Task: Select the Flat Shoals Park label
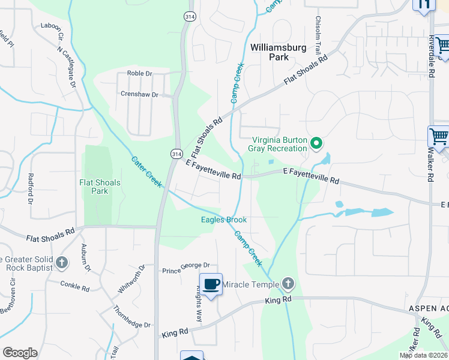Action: pos(100,187)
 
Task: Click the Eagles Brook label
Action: pos(224,220)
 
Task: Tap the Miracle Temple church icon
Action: pos(288,283)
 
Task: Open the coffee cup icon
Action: pos(211,284)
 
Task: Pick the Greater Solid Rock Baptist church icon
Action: pos(62,262)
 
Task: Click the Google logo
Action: pos(20,353)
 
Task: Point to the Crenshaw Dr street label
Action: pos(139,94)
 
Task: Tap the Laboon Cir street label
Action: pos(52,26)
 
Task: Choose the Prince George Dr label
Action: pos(186,265)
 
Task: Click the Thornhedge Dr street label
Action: pos(132,317)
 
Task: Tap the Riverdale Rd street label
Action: pos(431,53)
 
